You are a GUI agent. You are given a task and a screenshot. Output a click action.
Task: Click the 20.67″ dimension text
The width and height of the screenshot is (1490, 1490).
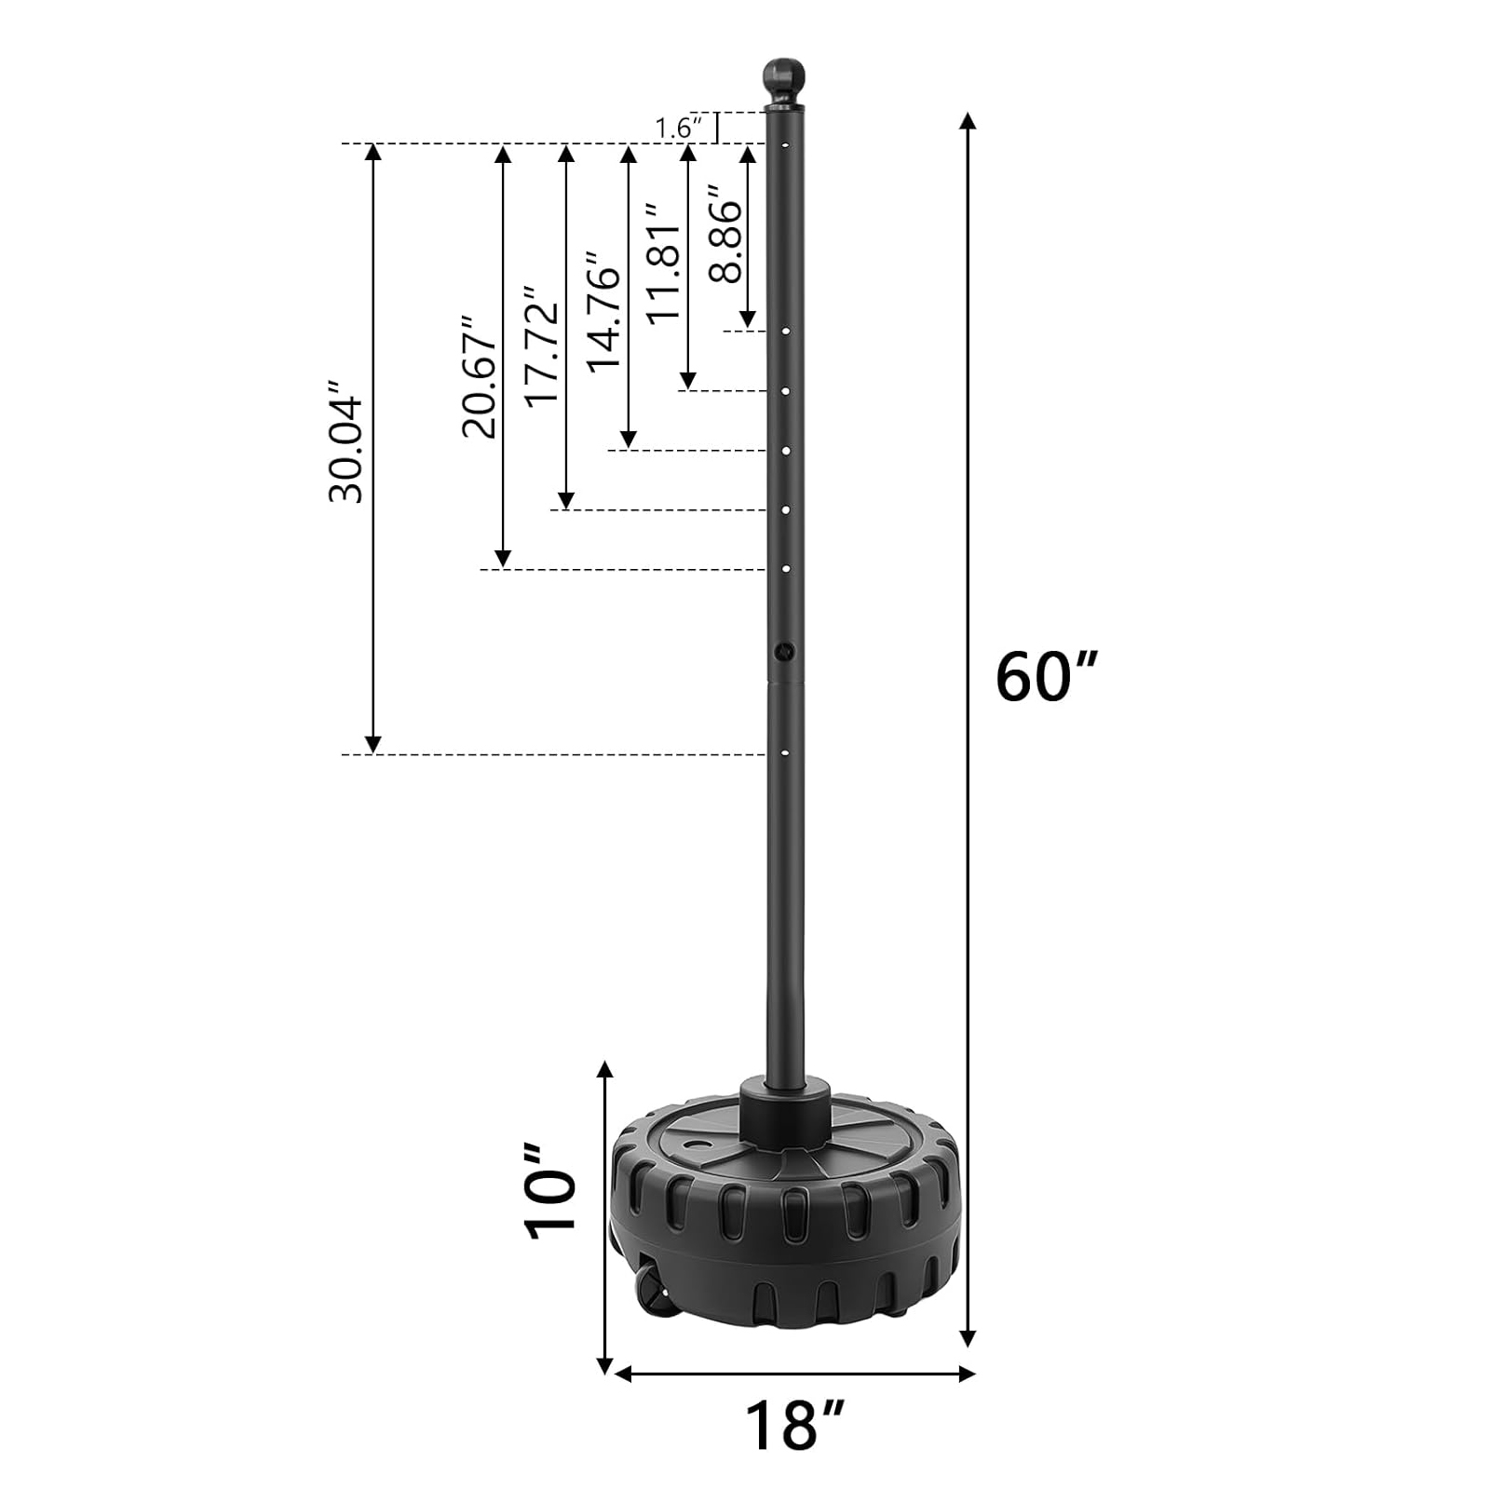[x=481, y=377]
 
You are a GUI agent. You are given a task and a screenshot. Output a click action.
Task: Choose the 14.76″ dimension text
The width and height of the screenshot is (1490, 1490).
[x=603, y=311]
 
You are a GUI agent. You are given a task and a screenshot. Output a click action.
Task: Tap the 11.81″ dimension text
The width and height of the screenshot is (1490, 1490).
[x=664, y=264]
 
